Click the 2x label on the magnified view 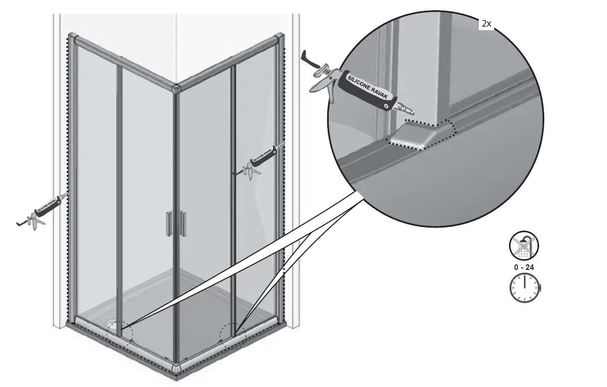pos(486,24)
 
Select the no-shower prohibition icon pos(524,246)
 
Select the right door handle pos(183,224)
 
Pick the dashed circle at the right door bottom pos(232,337)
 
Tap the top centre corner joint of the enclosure pos(176,88)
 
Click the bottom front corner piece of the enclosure pos(176,372)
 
